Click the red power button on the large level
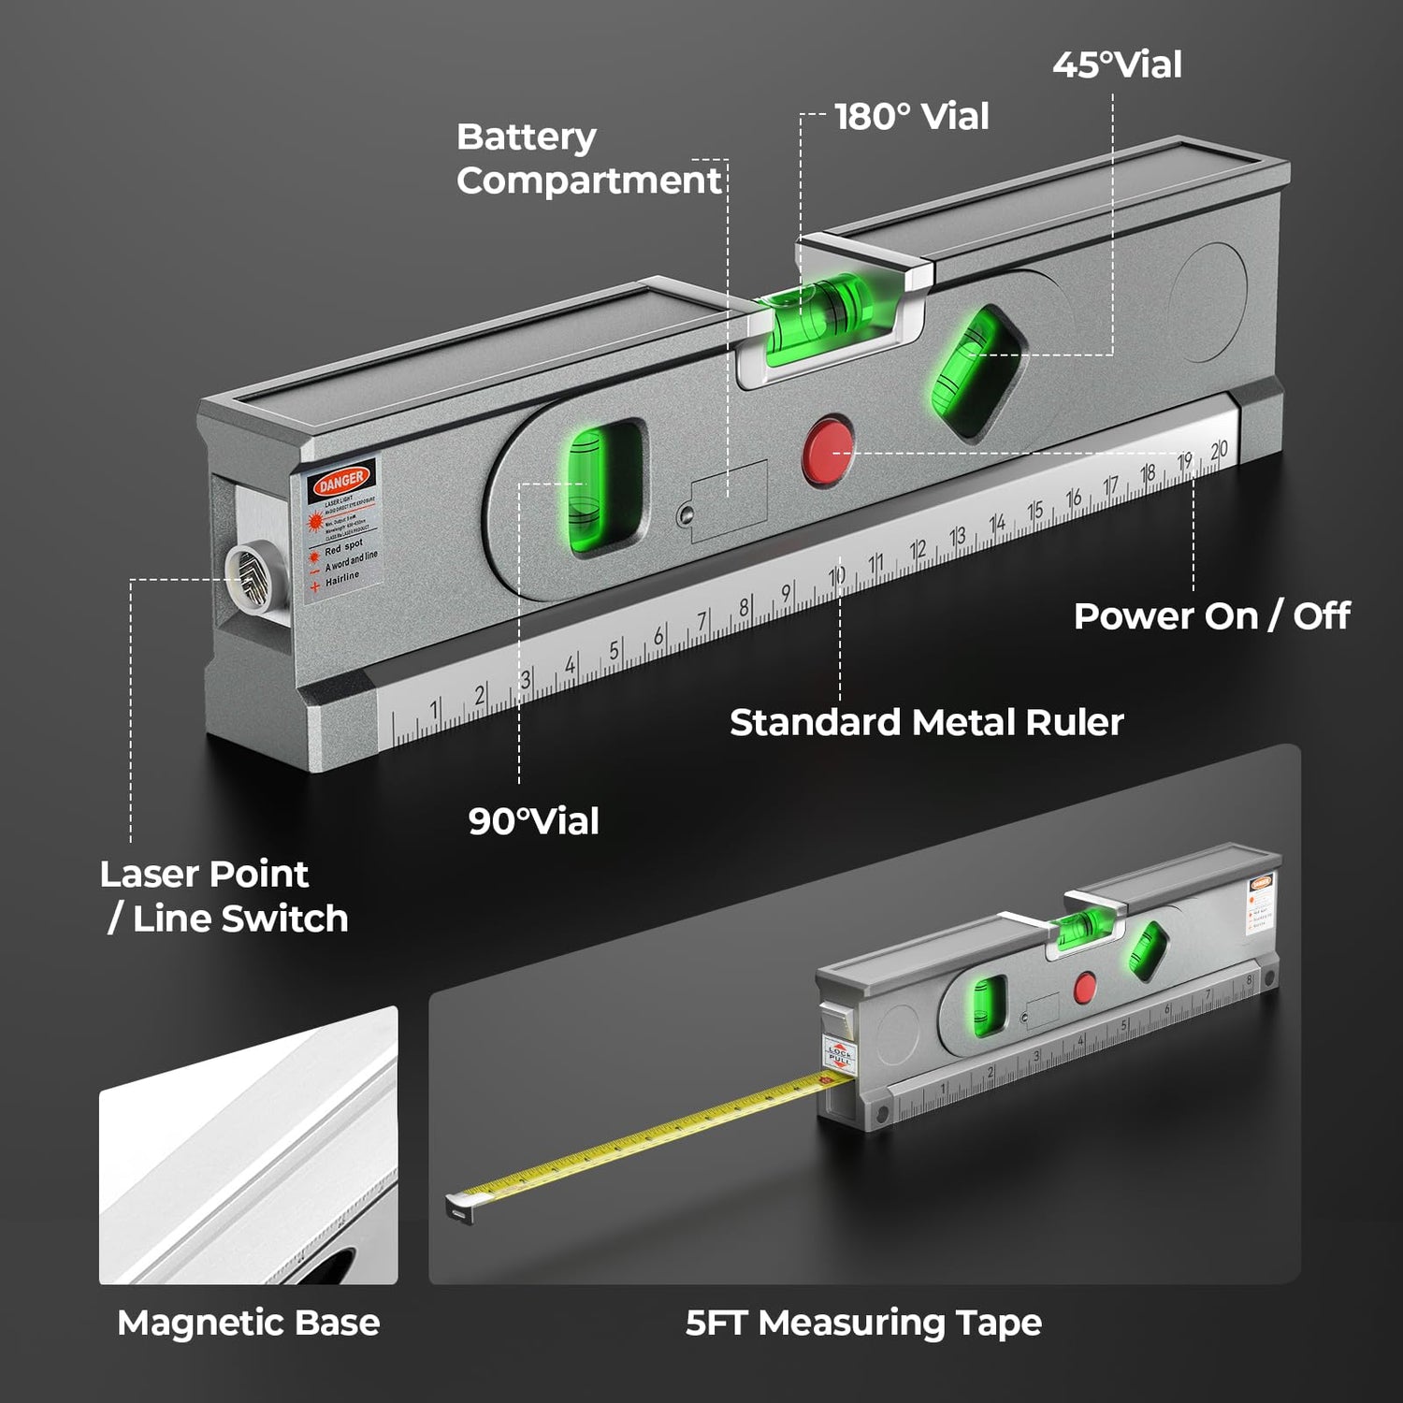pyautogui.click(x=828, y=451)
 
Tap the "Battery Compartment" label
pyautogui.click(x=589, y=159)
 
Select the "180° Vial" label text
pyautogui.click(x=911, y=117)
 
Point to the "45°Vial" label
pyautogui.click(x=1117, y=65)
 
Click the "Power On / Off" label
pyautogui.click(x=1211, y=616)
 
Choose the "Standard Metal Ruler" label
pyautogui.click(x=926, y=722)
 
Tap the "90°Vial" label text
pyautogui.click(x=533, y=821)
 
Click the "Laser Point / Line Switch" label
pyautogui.click(x=224, y=896)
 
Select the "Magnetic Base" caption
pyautogui.click(x=249, y=1323)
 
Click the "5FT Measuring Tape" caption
pyautogui.click(x=863, y=1323)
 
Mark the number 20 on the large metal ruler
pyautogui.click(x=1218, y=451)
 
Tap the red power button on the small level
pyautogui.click(x=1084, y=987)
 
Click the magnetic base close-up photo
pyautogui.click(x=249, y=1145)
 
